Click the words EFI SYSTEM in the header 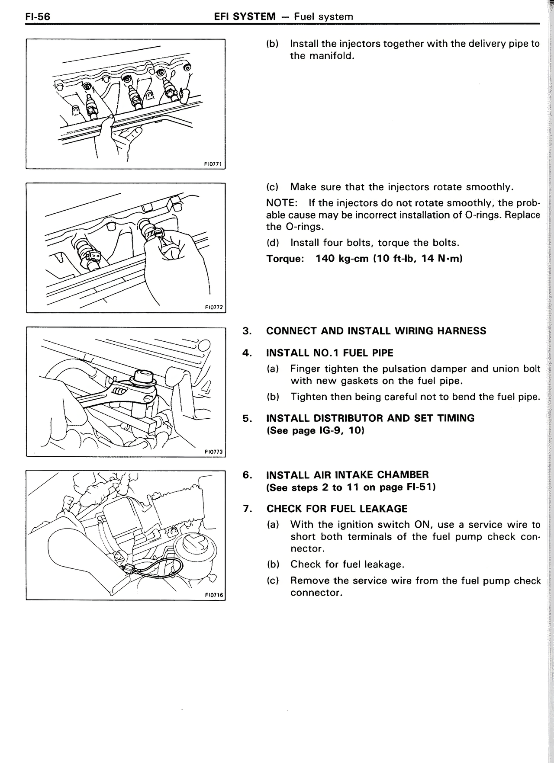pyautogui.click(x=245, y=17)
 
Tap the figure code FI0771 pyautogui.click(x=213, y=164)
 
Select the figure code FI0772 pyautogui.click(x=213, y=308)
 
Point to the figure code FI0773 pyautogui.click(x=213, y=452)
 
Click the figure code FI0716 pyautogui.click(x=213, y=595)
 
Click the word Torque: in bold pyautogui.click(x=285, y=259)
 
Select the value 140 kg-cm pyautogui.click(x=341, y=259)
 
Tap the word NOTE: pyautogui.click(x=280, y=203)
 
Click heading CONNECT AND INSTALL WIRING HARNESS pyautogui.click(x=376, y=331)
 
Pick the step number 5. pyautogui.click(x=247, y=418)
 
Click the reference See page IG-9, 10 pyautogui.click(x=315, y=431)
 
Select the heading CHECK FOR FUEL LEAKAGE pyautogui.click(x=337, y=509)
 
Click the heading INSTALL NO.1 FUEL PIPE pyautogui.click(x=329, y=353)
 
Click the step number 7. pyautogui.click(x=247, y=509)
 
